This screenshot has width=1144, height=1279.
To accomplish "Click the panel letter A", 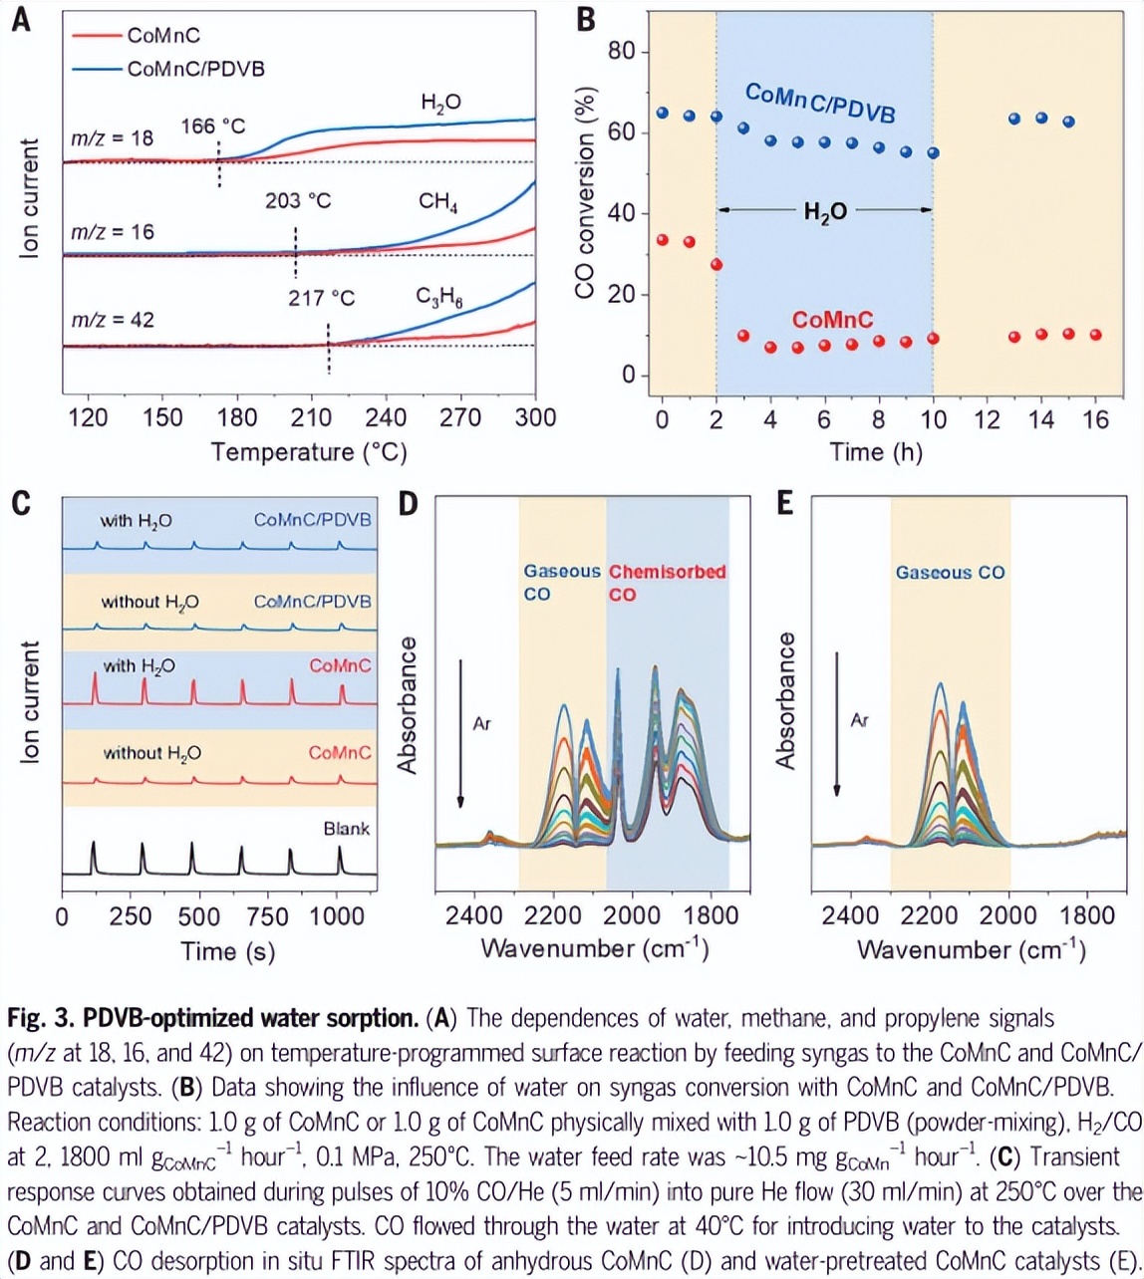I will coord(20,20).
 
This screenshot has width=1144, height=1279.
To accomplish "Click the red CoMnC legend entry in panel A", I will coord(162,36).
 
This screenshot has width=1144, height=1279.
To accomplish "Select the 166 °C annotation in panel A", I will coord(212,128).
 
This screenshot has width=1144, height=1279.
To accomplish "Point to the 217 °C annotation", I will coord(322,298).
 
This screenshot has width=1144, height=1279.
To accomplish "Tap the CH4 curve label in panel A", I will coord(438,203).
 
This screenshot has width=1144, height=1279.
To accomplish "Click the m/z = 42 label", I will coord(112,321).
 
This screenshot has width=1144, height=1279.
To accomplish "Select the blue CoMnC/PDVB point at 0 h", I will coord(663,114).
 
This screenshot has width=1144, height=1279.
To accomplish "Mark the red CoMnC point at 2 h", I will coord(716,265).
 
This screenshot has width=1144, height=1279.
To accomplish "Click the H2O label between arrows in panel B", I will coord(826,210).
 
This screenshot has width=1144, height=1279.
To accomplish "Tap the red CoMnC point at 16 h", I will coord(1096,335).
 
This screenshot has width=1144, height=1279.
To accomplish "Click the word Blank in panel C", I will coord(346,828).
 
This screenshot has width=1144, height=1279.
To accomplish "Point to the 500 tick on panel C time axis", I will coord(197,915).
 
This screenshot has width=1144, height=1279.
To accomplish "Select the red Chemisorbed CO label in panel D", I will coord(668,583).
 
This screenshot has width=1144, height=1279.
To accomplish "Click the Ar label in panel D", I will coord(481,723).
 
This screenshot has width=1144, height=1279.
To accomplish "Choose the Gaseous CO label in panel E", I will coord(950,573).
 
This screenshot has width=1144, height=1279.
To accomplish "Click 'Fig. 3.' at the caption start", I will coord(38,1019).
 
